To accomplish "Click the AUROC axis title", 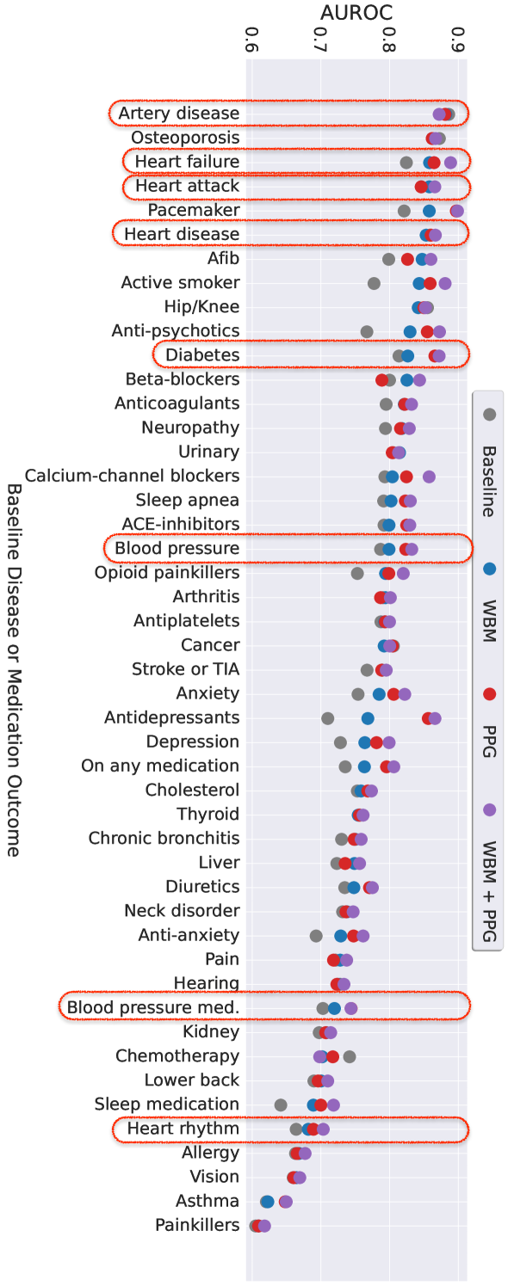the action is [x=356, y=12].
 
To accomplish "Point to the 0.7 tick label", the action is [x=320, y=39].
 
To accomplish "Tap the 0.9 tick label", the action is [x=457, y=39].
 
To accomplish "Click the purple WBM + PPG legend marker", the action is [x=490, y=809].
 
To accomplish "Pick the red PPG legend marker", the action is [x=490, y=694].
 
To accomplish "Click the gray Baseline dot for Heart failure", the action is [x=406, y=163].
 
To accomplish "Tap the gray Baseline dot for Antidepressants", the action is [x=327, y=718].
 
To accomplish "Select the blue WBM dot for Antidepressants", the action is [x=368, y=718].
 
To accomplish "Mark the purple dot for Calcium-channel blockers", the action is [x=429, y=477].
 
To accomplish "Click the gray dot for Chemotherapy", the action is [x=349, y=1056].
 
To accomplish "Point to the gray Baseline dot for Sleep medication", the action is [x=281, y=1104].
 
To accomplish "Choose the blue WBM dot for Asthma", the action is [x=267, y=1202].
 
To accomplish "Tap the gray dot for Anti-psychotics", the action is [x=367, y=331].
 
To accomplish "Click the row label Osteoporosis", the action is [x=185, y=138].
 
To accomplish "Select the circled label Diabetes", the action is [x=202, y=354].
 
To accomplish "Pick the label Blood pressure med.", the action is [x=153, y=1007].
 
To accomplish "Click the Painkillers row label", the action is [x=197, y=1225].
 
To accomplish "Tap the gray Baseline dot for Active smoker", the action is [x=374, y=283].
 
